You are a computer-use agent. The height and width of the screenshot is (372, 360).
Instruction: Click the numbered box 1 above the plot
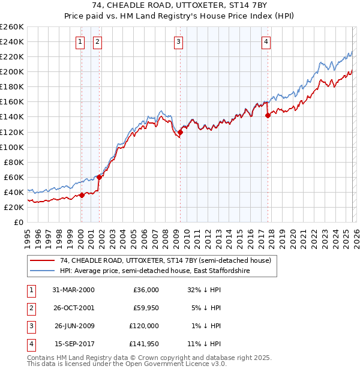(80, 41)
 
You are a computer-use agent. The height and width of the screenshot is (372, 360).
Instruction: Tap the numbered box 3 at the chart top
(179, 41)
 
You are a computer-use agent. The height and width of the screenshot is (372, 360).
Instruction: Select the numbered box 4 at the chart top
(266, 41)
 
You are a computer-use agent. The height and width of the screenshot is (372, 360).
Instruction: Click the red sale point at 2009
(180, 132)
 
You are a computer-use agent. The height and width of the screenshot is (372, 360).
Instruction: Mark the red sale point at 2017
(268, 116)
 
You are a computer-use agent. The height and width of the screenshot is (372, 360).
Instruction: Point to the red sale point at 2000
(82, 195)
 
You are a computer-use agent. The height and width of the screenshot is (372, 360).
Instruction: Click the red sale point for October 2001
(99, 177)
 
